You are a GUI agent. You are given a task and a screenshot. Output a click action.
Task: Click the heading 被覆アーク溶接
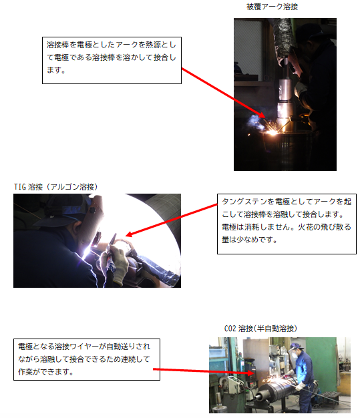272,7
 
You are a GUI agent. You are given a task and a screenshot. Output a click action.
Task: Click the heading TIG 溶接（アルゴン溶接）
55,187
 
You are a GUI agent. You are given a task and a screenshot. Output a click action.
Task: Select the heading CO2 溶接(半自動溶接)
260,329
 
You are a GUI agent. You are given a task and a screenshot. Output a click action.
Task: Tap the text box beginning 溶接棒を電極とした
112,60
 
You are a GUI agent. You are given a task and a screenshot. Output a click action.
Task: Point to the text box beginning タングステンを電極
287,224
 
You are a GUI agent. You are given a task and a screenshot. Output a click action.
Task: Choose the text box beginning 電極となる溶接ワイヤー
87,359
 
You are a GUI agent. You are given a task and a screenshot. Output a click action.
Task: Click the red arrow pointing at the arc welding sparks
224,93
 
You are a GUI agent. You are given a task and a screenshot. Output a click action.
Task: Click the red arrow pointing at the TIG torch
171,220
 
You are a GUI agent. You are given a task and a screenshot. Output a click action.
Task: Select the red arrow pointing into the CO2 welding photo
203,371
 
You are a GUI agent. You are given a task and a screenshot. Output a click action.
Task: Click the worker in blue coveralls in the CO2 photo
304,379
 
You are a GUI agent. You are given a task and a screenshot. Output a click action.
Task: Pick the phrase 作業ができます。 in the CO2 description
45,372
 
